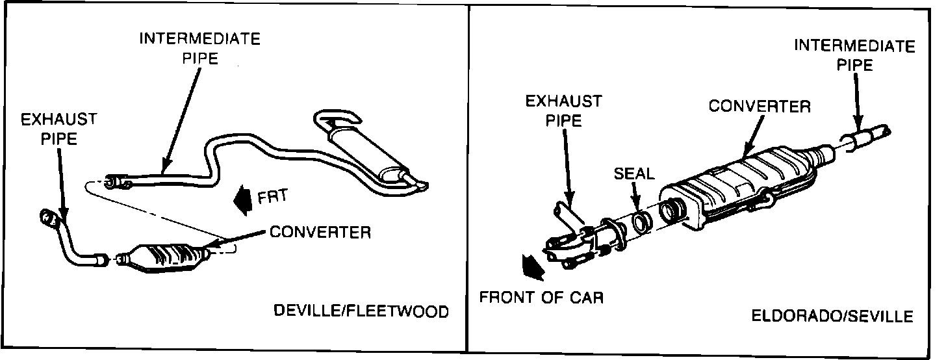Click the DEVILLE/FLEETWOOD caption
(361, 312)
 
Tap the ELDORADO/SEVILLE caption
(832, 316)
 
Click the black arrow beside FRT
(244, 198)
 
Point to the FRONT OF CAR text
(541, 298)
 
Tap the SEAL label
(635, 174)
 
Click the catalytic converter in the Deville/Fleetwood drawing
(168, 257)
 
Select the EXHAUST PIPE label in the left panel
(58, 129)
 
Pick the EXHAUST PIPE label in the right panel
(563, 111)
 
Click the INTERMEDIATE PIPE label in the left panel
(199, 48)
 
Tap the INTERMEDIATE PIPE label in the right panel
(854, 55)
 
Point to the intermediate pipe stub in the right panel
(864, 137)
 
